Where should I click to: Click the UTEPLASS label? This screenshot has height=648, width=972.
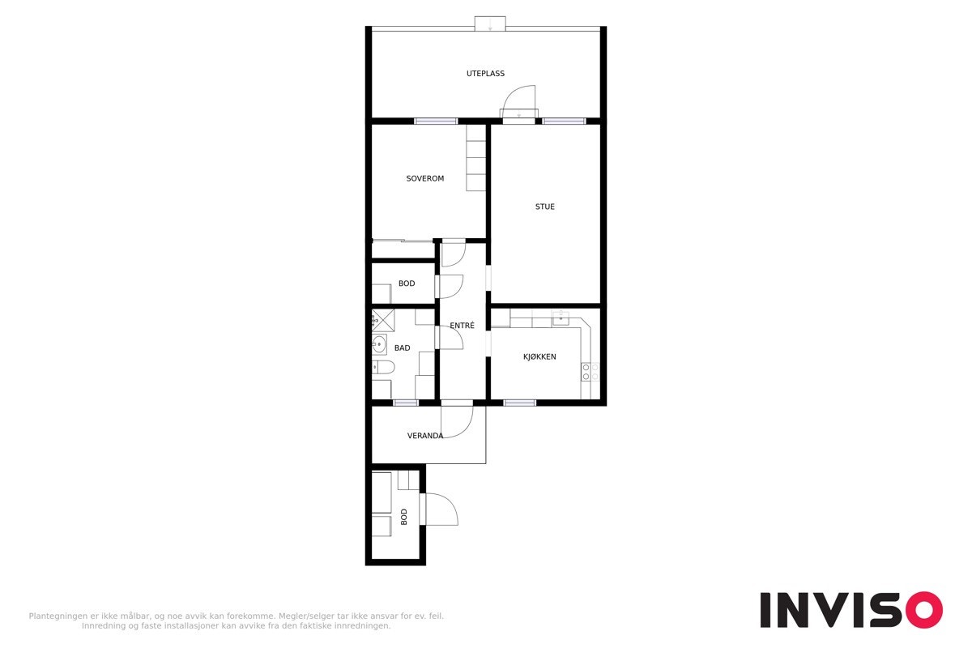pos(485,74)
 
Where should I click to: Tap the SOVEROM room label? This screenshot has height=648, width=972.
pos(424,178)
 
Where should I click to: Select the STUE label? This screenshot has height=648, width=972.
pos(544,207)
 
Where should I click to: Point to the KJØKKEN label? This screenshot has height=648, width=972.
pos(539,356)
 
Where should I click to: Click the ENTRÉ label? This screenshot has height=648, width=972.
pos(462,326)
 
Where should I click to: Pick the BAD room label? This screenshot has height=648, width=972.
pos(402,348)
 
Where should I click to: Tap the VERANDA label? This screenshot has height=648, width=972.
pos(424,436)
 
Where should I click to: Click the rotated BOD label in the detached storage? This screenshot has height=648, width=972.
pos(403,516)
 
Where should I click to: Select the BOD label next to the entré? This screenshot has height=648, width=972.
pos(407,283)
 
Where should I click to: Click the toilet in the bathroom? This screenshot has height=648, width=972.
pos(383,369)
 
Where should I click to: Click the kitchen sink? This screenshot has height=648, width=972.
pos(561,320)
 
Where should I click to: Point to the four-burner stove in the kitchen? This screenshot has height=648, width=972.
pos(590,372)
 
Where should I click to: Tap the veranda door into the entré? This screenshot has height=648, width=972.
pos(457,420)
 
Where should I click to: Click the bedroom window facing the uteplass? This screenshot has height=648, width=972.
pos(436,122)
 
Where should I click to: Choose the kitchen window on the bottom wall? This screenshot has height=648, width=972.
pos(519,403)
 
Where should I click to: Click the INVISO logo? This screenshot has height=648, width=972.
pos(850,609)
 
